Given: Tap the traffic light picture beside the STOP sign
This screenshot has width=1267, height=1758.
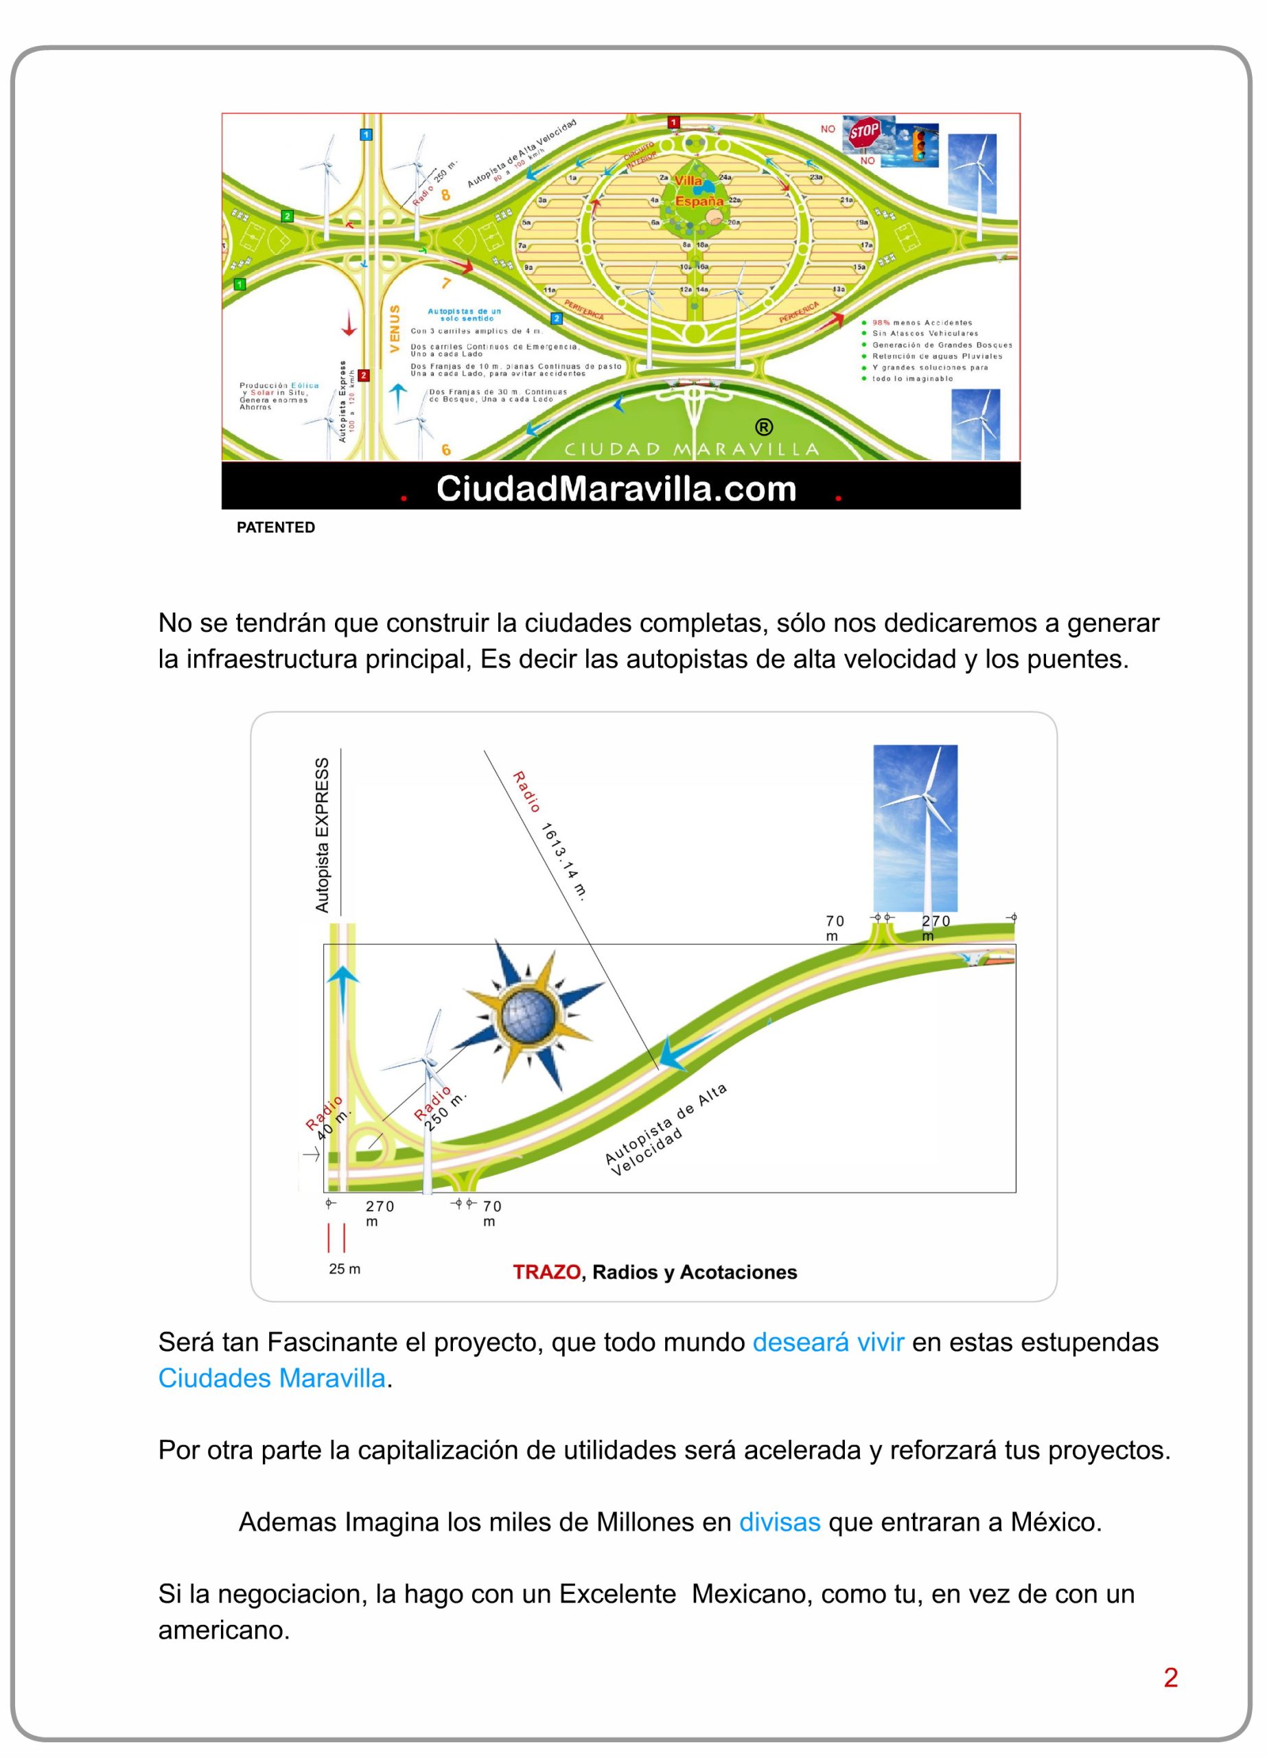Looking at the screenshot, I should (x=920, y=145).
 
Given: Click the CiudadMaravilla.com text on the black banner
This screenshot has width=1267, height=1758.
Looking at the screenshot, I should (x=616, y=488).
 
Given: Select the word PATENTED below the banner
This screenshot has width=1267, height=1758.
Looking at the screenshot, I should (x=275, y=527).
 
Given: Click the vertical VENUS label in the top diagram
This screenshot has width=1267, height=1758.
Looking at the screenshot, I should (x=395, y=328).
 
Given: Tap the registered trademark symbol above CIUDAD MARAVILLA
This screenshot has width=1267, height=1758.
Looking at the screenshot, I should (x=763, y=427).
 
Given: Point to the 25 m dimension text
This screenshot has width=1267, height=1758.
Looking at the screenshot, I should (x=344, y=1269).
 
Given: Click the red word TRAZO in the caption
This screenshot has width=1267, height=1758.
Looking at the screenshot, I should (x=546, y=1272).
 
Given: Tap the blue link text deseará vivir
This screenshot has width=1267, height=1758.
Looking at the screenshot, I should (x=828, y=1342).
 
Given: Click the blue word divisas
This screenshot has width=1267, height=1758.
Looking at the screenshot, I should (x=779, y=1522).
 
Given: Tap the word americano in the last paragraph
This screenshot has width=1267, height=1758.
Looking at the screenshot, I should (x=223, y=1630).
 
